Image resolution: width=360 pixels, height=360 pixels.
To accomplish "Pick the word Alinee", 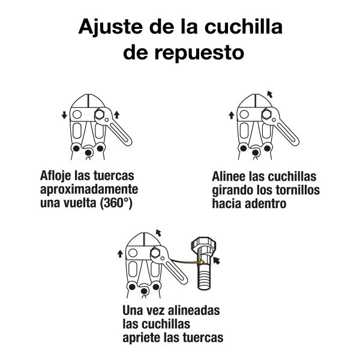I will (231, 177).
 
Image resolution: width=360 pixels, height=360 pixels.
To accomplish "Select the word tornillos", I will (295, 191).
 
